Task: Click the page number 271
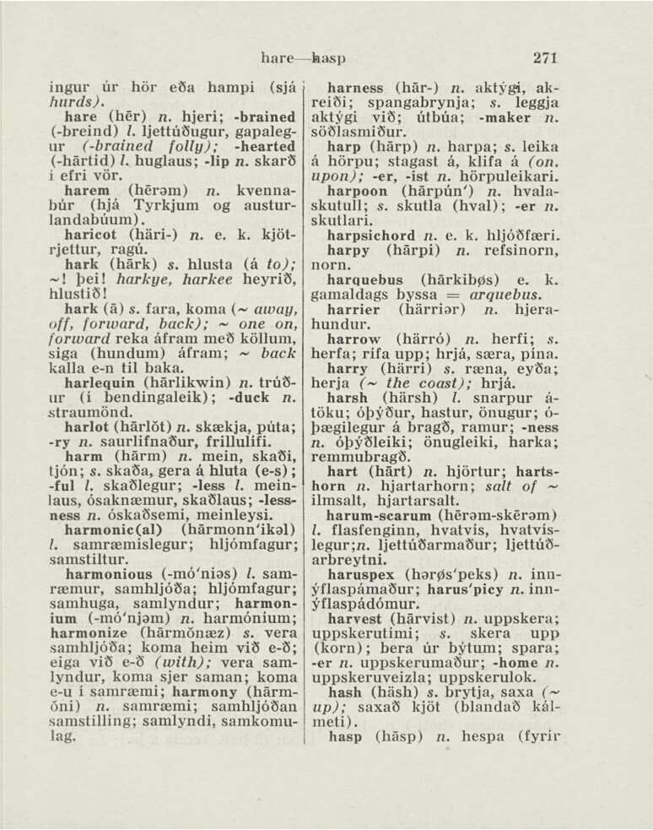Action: pyautogui.click(x=546, y=58)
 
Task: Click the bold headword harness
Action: pyautogui.click(x=358, y=87)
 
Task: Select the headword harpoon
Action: pyautogui.click(x=359, y=193)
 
